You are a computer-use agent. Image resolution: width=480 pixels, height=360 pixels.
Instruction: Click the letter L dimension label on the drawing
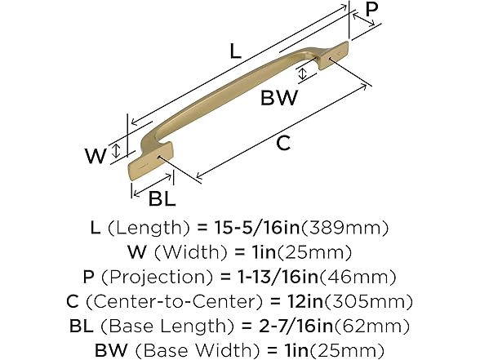click(x=234, y=51)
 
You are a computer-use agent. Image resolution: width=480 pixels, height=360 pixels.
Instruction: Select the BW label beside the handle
click(x=278, y=99)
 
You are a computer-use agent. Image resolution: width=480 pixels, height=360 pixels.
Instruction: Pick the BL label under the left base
click(x=162, y=197)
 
